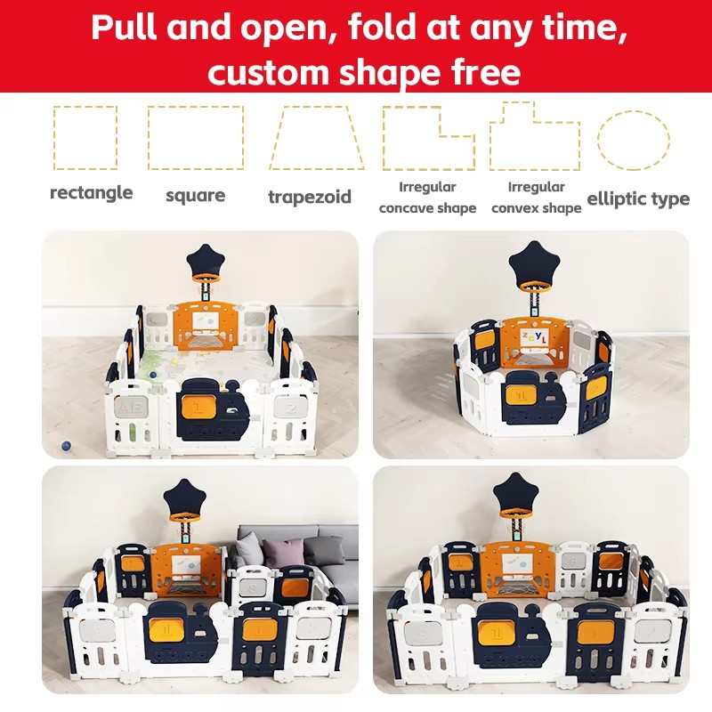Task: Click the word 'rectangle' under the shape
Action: coord(92,193)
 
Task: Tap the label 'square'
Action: coord(195,196)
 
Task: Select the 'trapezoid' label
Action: coord(310,197)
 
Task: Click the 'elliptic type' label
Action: coord(638,198)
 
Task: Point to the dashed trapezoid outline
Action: coord(278,138)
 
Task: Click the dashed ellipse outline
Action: coord(598,141)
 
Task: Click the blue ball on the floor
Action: coord(66,446)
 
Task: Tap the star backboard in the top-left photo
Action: coord(206,260)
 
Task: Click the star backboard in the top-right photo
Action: coord(532,262)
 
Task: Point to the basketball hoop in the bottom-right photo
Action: coord(520,514)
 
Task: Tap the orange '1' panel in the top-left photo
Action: coord(198,406)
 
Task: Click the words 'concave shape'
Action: coord(427,208)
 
